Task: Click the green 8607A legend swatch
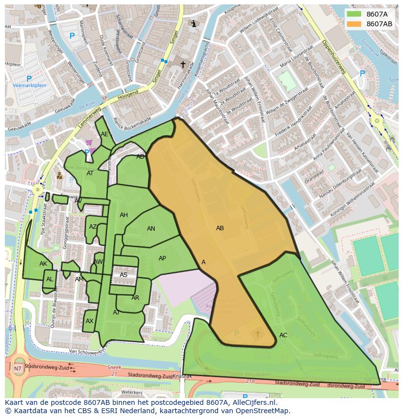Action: [x=354, y=14]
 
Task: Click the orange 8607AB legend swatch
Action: [x=354, y=24]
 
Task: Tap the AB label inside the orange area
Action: [x=220, y=228]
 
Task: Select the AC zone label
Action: [x=283, y=335]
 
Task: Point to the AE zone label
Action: [x=105, y=134]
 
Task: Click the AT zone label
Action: [x=90, y=173]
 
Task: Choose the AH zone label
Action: [x=124, y=215]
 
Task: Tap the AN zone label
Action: [x=151, y=229]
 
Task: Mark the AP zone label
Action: [x=163, y=258]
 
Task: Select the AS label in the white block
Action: [x=124, y=275]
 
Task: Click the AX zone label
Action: [x=90, y=321]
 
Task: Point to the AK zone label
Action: [x=43, y=264]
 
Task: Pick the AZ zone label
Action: [x=93, y=227]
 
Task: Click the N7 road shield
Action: [x=18, y=368]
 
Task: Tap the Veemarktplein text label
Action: [x=29, y=85]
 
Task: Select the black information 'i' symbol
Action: [x=194, y=23]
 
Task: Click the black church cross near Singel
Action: [x=183, y=64]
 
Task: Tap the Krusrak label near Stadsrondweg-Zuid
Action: [x=182, y=377]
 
